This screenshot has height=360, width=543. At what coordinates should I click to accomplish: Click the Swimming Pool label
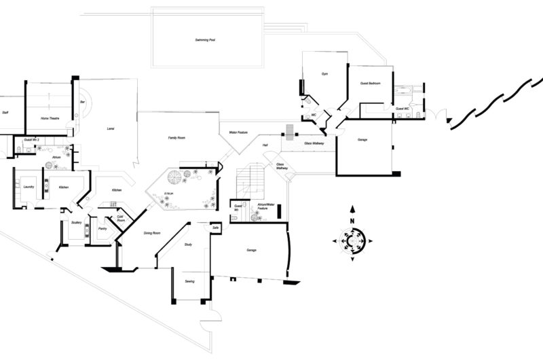coord(204,41)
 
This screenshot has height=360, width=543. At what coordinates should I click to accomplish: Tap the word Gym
coord(324,74)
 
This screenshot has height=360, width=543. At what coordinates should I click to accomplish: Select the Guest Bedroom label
coord(370,83)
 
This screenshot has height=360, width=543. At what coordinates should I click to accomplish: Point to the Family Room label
coord(177,138)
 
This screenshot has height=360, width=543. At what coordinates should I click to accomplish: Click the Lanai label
coord(110,128)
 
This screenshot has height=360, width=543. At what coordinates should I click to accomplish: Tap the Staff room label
coord(5,113)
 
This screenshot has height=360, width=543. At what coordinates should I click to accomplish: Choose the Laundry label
coord(29,187)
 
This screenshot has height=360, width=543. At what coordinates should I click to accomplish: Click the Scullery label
coord(77,222)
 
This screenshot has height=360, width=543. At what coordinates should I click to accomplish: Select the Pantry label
coord(102,229)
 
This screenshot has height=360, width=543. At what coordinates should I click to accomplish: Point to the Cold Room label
coord(120,219)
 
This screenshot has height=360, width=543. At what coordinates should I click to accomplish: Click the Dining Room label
coord(152,233)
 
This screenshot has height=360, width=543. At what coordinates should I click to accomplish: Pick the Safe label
coord(215,228)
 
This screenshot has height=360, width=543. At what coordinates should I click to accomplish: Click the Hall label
coord(265,145)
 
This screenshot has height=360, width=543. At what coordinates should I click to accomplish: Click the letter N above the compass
coord(352,221)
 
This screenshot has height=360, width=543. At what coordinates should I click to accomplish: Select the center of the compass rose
coord(352,240)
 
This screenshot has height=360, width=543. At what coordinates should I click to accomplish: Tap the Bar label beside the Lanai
coord(82,102)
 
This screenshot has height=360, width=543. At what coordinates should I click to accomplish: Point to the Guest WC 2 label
coord(31,140)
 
